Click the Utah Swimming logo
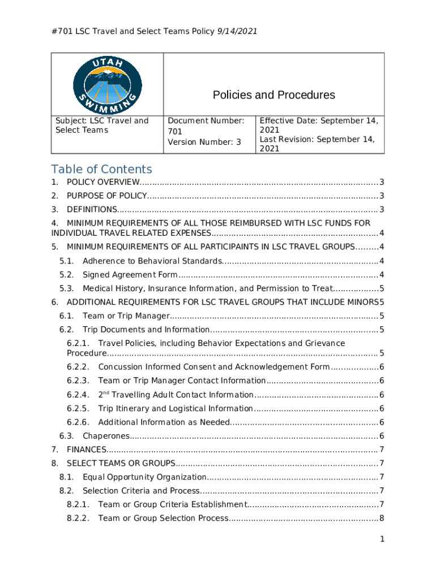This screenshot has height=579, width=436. point(107,85)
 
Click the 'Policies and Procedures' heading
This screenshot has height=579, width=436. point(273,95)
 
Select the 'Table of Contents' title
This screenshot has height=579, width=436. point(101,169)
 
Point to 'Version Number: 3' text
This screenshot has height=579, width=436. point(204,142)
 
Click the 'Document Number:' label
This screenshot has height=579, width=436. point(206,120)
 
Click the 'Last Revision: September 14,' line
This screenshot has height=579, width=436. point(317,139)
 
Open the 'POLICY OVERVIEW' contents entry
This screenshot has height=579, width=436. point(103,182)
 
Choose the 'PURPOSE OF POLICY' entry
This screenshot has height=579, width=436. point(107,196)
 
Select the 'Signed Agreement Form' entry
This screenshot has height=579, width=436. point(130,275)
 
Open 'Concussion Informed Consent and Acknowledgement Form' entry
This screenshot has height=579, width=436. point(213,367)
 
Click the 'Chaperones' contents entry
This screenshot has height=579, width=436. point(106,435)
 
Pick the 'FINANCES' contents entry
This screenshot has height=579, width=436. point(87,450)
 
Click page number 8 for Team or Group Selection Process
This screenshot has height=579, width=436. point(382,518)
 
